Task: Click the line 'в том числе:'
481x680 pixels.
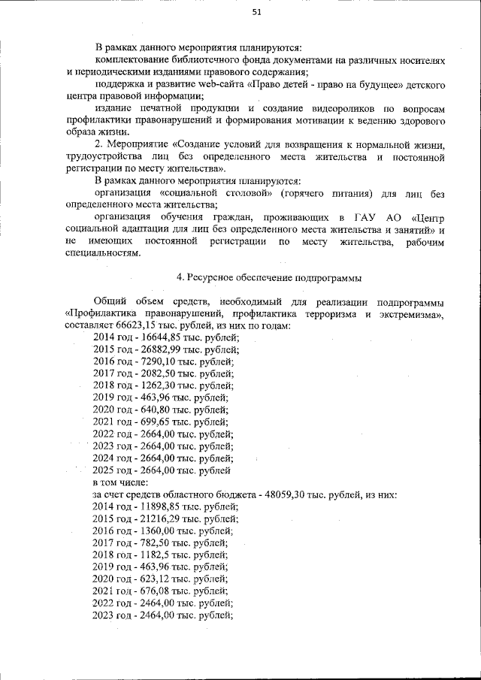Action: point(120,482)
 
